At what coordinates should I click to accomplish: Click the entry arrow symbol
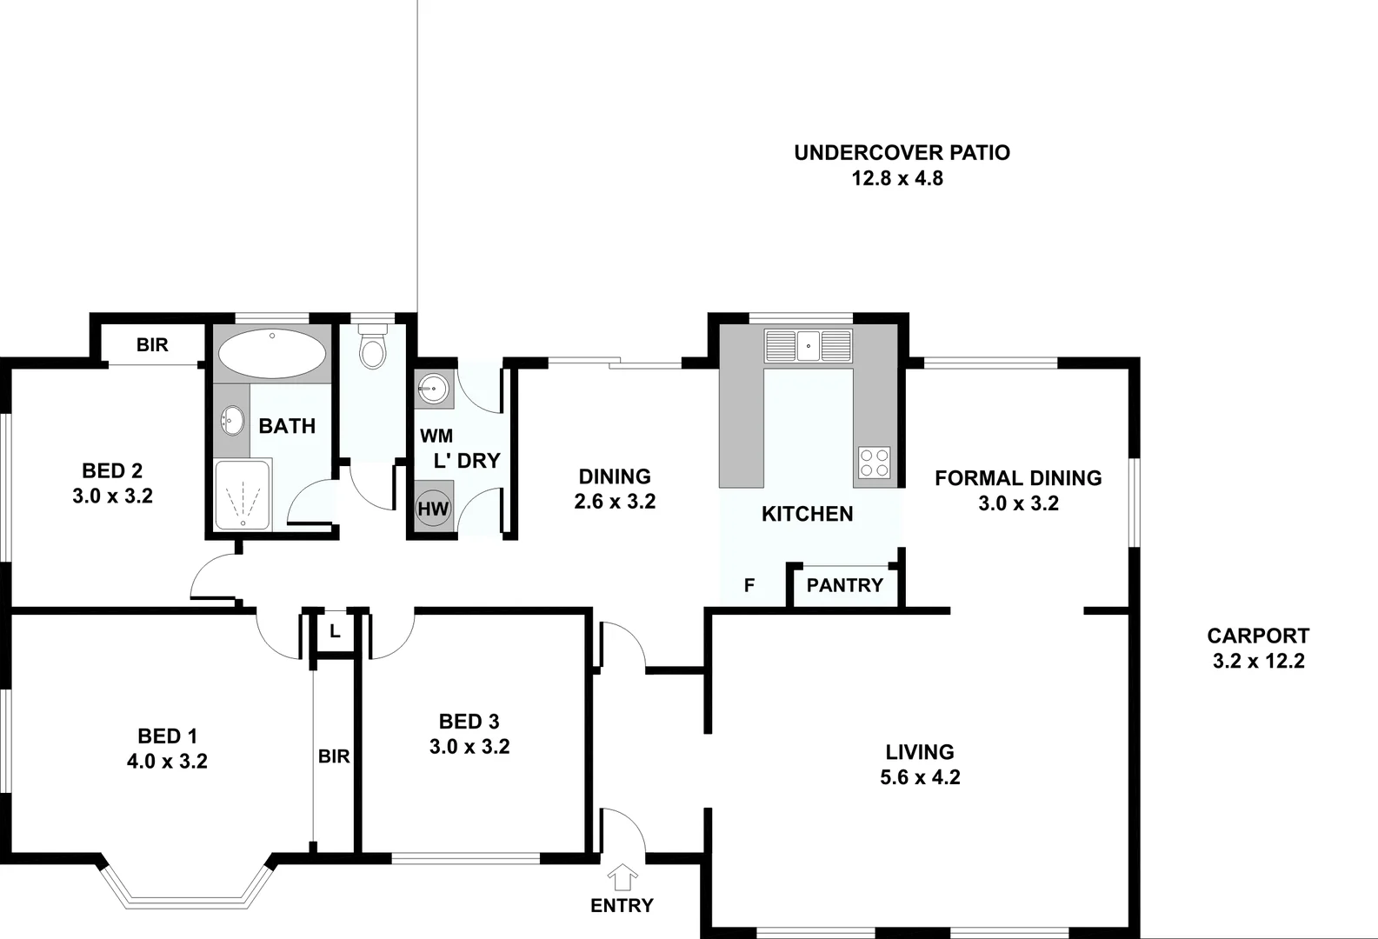(622, 876)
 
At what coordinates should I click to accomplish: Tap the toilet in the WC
(373, 348)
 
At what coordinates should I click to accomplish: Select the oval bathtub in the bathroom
(272, 353)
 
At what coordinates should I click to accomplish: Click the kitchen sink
(808, 345)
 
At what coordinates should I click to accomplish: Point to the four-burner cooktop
(875, 462)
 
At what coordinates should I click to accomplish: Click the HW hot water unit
(433, 509)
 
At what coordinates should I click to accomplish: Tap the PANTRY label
(844, 585)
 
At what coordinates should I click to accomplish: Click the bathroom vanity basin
(231, 422)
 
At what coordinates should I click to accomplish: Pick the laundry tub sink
(433, 388)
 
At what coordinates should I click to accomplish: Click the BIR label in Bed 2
(152, 345)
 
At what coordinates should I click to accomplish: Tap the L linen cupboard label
(334, 632)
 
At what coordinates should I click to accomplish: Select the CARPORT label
(1258, 636)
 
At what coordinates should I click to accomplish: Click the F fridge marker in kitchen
(749, 586)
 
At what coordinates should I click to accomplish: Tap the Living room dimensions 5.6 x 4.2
(920, 777)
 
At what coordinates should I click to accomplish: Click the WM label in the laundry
(436, 436)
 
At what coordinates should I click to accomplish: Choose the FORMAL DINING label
(1018, 478)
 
